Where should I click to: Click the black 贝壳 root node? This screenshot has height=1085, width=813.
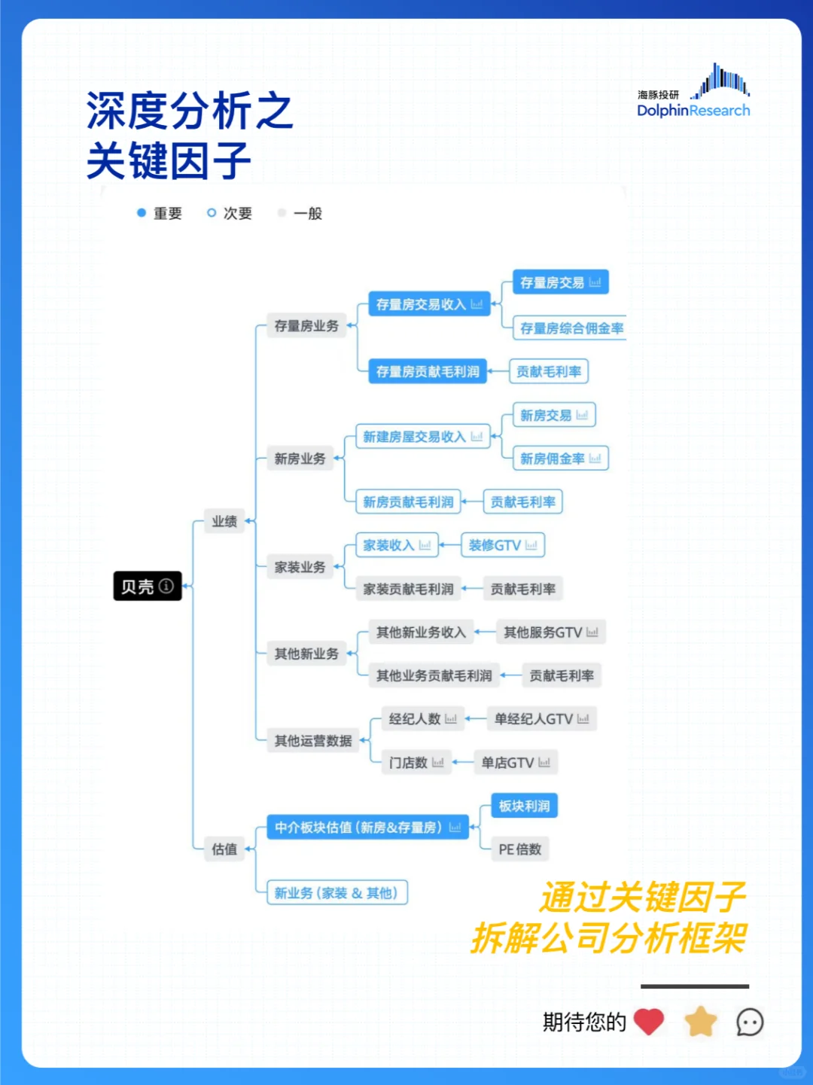(x=148, y=586)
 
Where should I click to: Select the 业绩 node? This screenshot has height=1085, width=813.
(x=224, y=521)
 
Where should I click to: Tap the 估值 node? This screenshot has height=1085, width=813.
(x=224, y=849)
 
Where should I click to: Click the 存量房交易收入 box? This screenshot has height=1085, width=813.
(x=428, y=304)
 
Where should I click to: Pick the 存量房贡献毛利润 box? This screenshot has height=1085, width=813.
(x=428, y=371)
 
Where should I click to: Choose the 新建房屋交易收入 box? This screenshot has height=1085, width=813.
(x=422, y=437)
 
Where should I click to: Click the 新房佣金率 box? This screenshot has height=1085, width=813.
(x=560, y=459)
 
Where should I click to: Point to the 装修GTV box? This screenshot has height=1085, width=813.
(x=502, y=545)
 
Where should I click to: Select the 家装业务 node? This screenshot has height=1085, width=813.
(x=300, y=567)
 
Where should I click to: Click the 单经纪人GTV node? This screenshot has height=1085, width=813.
(x=541, y=719)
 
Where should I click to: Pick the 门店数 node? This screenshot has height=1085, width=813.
(x=416, y=763)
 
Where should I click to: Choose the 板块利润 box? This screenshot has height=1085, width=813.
(x=524, y=806)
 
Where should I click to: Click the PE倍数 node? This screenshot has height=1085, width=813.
(x=519, y=849)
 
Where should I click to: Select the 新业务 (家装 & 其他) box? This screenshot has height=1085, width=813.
(x=336, y=893)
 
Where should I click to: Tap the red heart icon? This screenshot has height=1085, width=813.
(x=648, y=1022)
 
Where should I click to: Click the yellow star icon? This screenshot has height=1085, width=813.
(x=700, y=1022)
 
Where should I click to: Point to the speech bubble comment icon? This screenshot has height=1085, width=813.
(x=750, y=1023)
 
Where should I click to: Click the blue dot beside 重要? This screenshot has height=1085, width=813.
(x=141, y=213)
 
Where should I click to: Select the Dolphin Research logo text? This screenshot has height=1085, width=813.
(x=693, y=111)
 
